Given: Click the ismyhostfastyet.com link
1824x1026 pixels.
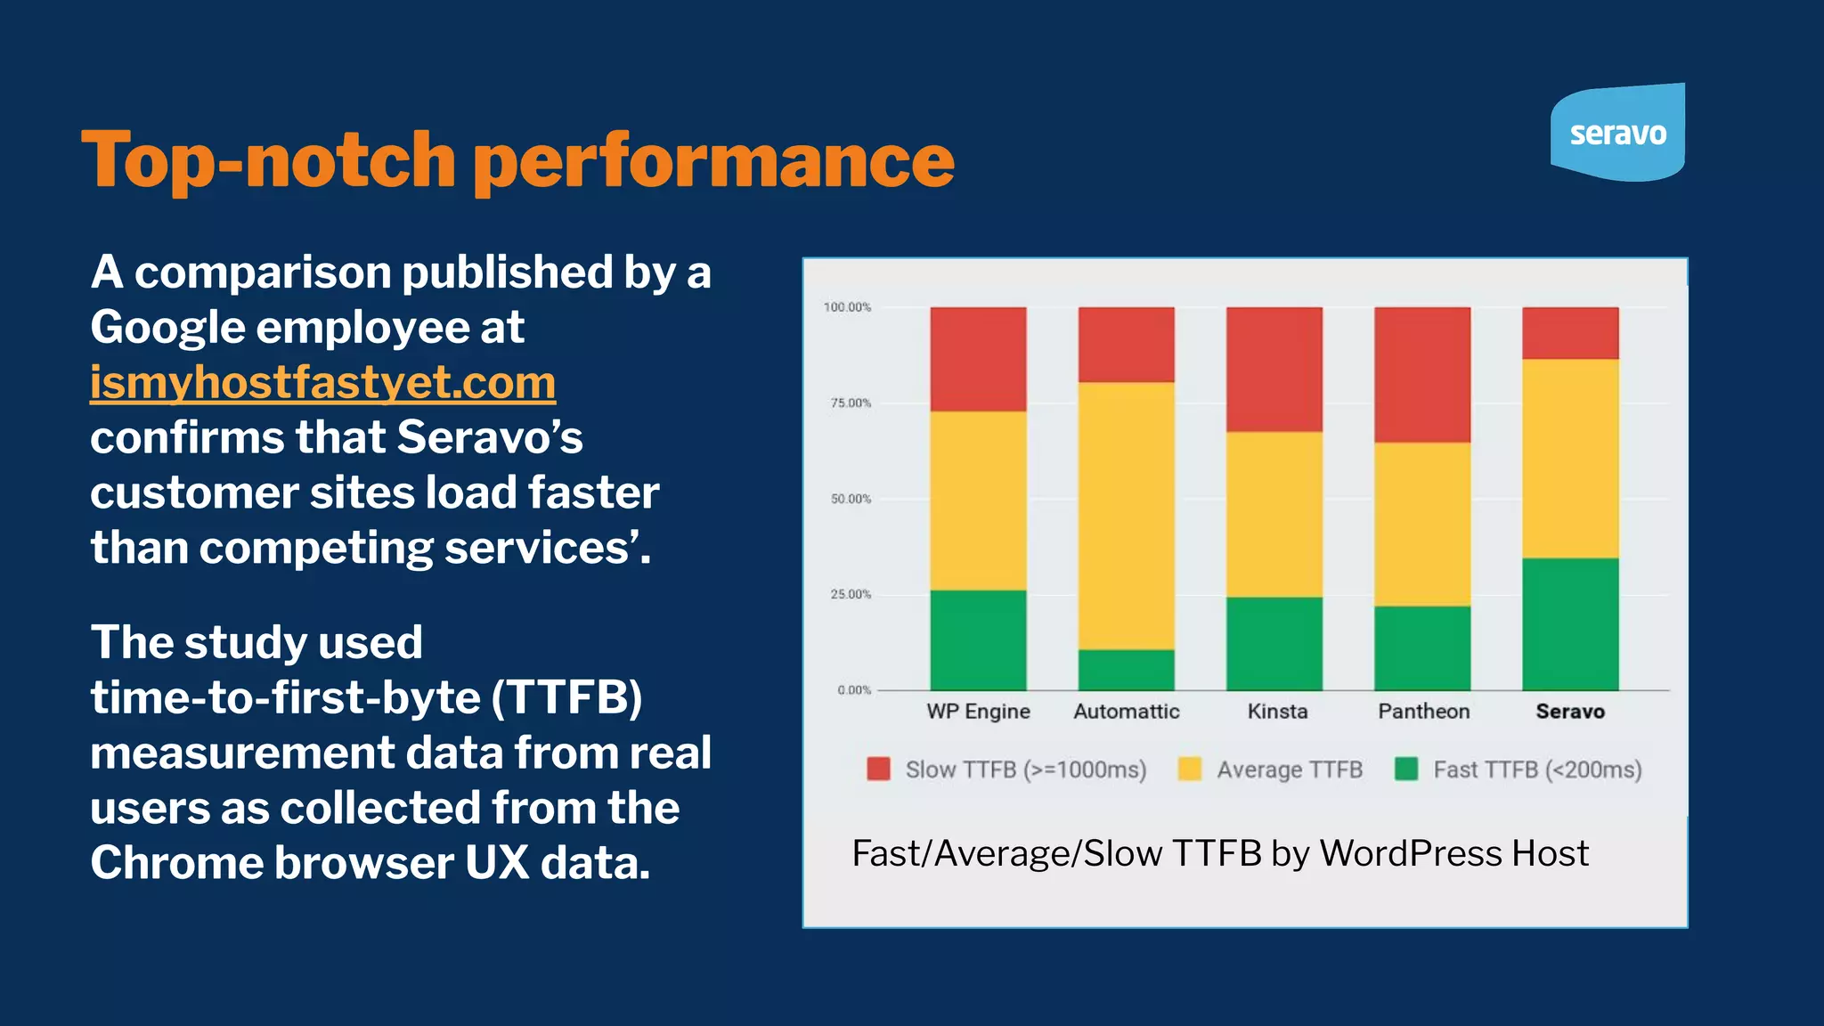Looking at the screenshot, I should click(322, 383).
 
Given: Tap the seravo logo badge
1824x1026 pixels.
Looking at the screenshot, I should click(1617, 133).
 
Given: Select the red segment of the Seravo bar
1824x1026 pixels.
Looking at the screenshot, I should click(1570, 333).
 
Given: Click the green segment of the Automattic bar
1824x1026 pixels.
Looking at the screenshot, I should click(1127, 670).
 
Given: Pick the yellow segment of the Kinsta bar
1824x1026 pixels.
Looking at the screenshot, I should click(1274, 515).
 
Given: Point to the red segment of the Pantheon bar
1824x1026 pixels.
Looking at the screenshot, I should click(1422, 375).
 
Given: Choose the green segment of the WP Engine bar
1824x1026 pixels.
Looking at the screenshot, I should click(978, 639).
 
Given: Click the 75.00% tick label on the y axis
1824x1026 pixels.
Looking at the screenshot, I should click(851, 403).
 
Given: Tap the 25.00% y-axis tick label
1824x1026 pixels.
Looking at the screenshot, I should click(851, 594).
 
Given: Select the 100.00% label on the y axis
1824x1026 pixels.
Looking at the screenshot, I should click(847, 307).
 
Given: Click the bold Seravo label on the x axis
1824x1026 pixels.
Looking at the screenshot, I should click(1570, 712).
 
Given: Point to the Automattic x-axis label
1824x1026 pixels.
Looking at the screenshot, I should click(1127, 712).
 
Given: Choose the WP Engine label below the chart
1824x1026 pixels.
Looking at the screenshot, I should click(978, 712).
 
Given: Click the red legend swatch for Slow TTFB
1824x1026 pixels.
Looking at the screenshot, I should click(879, 769).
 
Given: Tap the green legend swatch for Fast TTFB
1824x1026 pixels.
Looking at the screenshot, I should click(1406, 769).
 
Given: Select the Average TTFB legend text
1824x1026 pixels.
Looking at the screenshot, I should click(1290, 769).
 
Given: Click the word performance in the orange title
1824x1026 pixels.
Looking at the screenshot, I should click(713, 160).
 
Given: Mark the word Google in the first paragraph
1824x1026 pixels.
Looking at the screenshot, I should click(167, 328).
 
